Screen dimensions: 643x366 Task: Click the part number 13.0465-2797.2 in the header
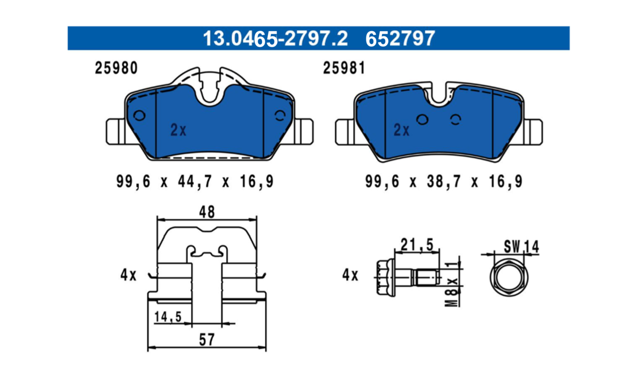pos(275,39)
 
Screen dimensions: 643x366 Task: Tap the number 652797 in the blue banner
pos(400,39)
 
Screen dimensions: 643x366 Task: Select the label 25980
pos(116,68)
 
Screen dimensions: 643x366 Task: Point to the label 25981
pos(344,68)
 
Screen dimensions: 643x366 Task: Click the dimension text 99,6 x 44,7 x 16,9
pos(195,181)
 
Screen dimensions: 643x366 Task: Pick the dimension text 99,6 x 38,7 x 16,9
pos(444,181)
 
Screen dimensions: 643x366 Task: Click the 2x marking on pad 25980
pos(178,130)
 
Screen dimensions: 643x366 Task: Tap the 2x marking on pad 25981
pos(401,130)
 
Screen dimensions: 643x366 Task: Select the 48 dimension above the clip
pos(207,212)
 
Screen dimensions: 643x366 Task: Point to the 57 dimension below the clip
pos(207,340)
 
